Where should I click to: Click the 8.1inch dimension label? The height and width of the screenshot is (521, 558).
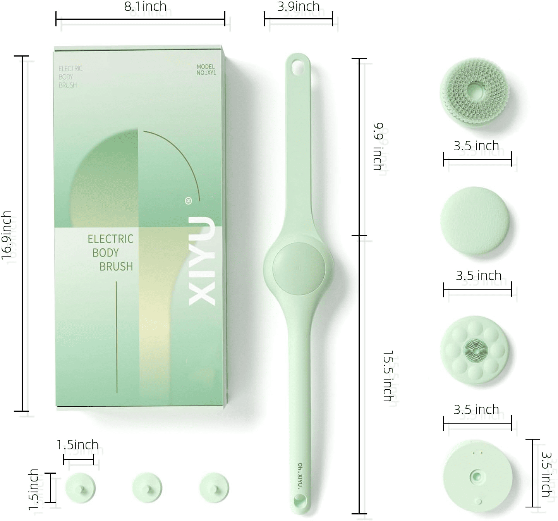pyautogui.click(x=145, y=7)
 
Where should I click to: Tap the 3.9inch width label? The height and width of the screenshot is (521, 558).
pyautogui.click(x=298, y=7)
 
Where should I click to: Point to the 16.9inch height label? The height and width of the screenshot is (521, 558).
pyautogui.click(x=7, y=235)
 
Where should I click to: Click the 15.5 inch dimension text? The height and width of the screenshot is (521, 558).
pyautogui.click(x=388, y=376)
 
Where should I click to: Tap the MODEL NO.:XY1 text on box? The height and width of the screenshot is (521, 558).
pyautogui.click(x=206, y=70)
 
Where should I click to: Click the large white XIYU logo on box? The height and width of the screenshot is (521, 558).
pyautogui.click(x=202, y=261)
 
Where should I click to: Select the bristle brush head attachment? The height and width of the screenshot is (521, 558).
pyautogui.click(x=476, y=92)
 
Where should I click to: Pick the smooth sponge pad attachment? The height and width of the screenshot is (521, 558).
pyautogui.click(x=475, y=221)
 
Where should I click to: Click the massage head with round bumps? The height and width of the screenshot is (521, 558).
pyautogui.click(x=475, y=351)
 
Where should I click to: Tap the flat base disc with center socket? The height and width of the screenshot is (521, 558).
pyautogui.click(x=477, y=477)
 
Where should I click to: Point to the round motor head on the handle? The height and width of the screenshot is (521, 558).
pyautogui.click(x=299, y=268)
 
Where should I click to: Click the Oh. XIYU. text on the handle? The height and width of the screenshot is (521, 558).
pyautogui.click(x=300, y=476)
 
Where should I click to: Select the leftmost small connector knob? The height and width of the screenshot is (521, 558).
pyautogui.click(x=81, y=488)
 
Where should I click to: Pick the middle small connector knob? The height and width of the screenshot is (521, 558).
pyautogui.click(x=147, y=488)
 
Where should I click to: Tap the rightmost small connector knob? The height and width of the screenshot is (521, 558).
pyautogui.click(x=214, y=488)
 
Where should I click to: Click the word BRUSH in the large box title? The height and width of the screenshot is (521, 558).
pyautogui.click(x=116, y=267)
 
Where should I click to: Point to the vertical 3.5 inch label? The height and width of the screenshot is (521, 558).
pyautogui.click(x=546, y=474)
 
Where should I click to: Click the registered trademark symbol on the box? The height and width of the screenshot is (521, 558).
pyautogui.click(x=189, y=201)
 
